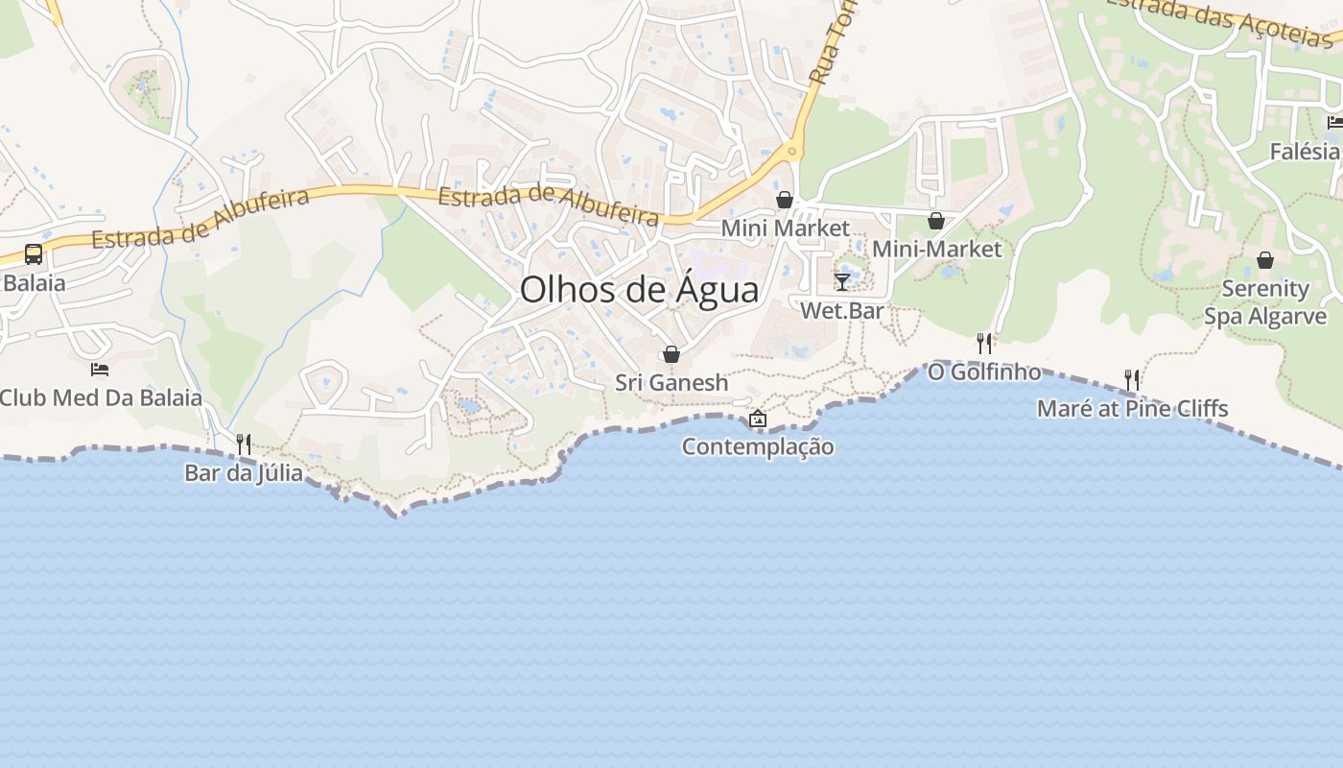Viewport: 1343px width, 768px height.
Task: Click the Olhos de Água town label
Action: tap(639, 290)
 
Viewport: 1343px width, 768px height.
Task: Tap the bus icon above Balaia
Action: tap(34, 254)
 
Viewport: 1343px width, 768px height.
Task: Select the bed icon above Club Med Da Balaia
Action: tap(100, 369)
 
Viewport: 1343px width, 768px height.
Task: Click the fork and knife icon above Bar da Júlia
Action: tap(244, 444)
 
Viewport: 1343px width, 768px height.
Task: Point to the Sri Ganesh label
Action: tap(671, 383)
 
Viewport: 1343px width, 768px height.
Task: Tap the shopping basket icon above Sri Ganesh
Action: tap(671, 354)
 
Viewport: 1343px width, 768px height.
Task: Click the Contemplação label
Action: tap(758, 446)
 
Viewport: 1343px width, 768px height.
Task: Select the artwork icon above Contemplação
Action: tap(758, 419)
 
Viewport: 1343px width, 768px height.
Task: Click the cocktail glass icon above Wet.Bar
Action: tap(842, 281)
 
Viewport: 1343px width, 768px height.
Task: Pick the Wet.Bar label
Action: tap(842, 311)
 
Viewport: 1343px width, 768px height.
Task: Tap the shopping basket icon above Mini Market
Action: tap(785, 200)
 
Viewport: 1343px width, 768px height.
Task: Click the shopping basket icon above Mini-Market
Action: tap(936, 221)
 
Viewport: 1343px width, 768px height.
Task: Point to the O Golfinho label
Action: tap(984, 372)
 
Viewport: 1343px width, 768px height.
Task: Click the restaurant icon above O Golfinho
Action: tap(984, 343)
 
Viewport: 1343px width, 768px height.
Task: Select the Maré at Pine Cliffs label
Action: tap(1132, 409)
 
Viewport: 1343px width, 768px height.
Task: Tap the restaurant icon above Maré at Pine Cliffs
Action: tap(1132, 380)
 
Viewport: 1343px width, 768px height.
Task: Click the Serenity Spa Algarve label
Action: tap(1265, 302)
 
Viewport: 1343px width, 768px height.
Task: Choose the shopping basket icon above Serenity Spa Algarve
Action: tap(1265, 260)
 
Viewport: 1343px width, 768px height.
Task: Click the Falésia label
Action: tap(1305, 152)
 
